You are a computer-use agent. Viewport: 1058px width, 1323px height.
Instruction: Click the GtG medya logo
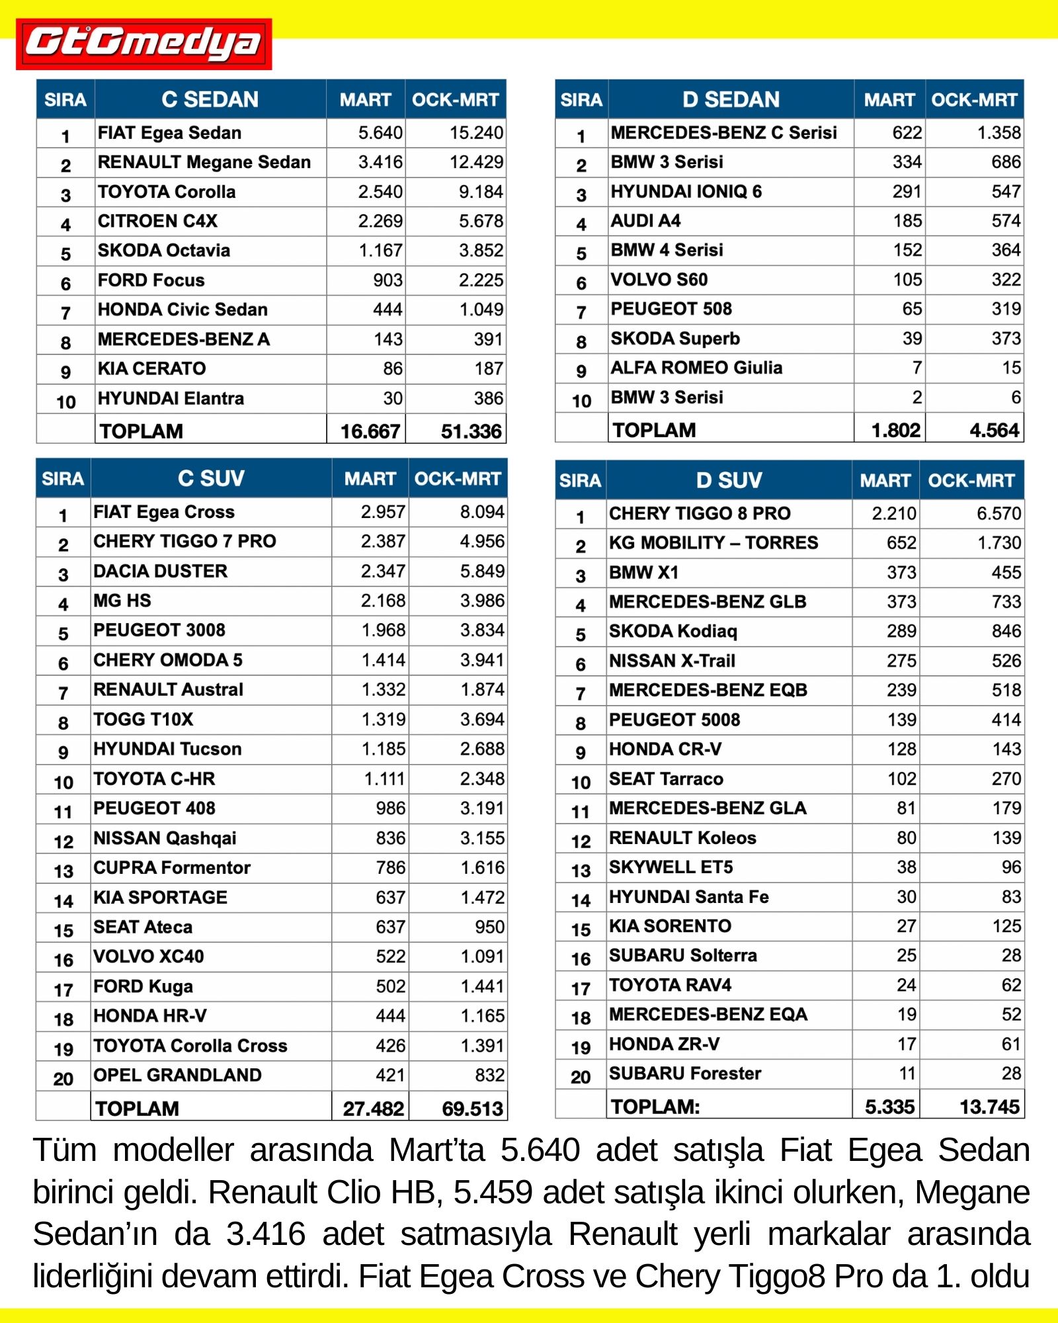[x=144, y=44]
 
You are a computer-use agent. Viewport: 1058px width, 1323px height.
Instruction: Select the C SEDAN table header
[x=210, y=99]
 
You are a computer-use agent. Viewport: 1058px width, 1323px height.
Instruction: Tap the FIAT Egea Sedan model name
[x=169, y=133]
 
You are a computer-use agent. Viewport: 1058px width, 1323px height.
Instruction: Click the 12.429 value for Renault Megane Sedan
[x=476, y=162]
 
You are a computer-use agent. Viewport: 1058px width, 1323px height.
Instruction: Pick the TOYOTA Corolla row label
[x=167, y=192]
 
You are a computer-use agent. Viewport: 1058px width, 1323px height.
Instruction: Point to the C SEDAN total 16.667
[x=370, y=431]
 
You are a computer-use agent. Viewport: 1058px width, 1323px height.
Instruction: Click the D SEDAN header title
[x=731, y=99]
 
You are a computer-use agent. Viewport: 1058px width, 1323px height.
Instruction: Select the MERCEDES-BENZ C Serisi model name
[x=723, y=133]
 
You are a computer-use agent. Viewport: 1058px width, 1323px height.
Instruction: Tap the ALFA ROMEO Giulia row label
[x=696, y=368]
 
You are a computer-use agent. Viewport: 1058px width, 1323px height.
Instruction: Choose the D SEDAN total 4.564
[x=994, y=430]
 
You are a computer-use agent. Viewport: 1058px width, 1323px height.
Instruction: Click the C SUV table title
[x=211, y=478]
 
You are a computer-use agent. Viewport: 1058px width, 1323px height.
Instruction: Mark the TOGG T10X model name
[x=143, y=719]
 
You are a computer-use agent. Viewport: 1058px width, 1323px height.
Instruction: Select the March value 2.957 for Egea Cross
[x=383, y=511]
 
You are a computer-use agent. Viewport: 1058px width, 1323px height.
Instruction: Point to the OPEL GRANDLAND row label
[x=177, y=1075]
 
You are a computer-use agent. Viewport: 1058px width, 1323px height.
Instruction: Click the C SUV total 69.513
[x=472, y=1109]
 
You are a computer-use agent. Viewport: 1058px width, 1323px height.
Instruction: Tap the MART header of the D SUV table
[x=885, y=480]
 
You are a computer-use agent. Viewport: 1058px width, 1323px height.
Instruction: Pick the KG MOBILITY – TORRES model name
[x=713, y=543]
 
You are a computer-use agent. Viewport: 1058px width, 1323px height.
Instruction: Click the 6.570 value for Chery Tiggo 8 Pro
[x=998, y=513]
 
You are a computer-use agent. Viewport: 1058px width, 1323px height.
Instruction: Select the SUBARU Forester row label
[x=684, y=1073]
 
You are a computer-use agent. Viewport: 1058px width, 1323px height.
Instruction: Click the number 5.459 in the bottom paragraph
[x=493, y=1192]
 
